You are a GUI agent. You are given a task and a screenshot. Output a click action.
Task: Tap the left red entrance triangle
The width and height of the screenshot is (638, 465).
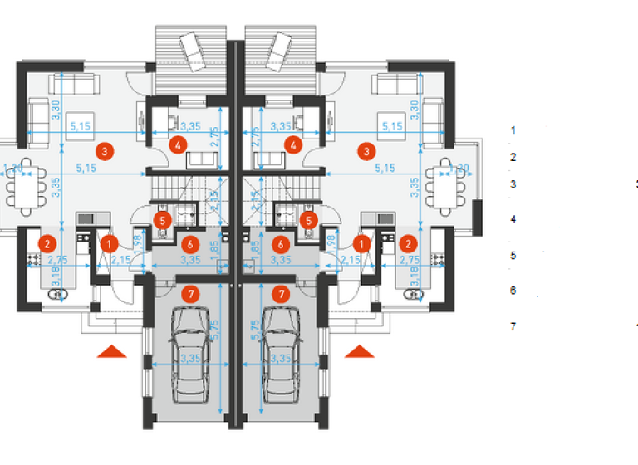pyautogui.click(x=112, y=352)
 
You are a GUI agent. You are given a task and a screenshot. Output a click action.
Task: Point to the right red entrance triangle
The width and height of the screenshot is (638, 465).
pyautogui.click(x=360, y=352)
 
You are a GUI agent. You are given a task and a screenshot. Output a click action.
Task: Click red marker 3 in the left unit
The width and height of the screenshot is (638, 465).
pyautogui.click(x=104, y=151)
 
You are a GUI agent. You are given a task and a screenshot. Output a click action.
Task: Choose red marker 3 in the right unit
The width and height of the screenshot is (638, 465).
pyautogui.click(x=366, y=151)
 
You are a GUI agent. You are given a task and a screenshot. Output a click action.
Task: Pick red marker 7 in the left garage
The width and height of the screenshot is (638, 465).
pyautogui.click(x=191, y=293)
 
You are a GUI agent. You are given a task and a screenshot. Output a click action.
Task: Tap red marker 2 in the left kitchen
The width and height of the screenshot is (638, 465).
pyautogui.click(x=47, y=243)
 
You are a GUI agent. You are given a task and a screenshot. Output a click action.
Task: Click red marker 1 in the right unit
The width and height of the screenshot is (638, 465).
pyautogui.click(x=362, y=243)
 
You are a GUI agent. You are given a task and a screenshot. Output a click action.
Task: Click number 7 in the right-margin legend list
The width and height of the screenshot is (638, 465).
pyautogui.click(x=513, y=326)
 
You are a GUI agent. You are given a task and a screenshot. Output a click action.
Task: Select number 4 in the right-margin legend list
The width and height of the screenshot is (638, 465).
pyautogui.click(x=513, y=219)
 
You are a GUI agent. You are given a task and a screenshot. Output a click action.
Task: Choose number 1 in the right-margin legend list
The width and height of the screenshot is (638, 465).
pyautogui.click(x=513, y=130)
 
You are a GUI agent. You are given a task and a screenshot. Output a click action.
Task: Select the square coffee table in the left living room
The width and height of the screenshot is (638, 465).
pyautogui.click(x=78, y=120)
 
